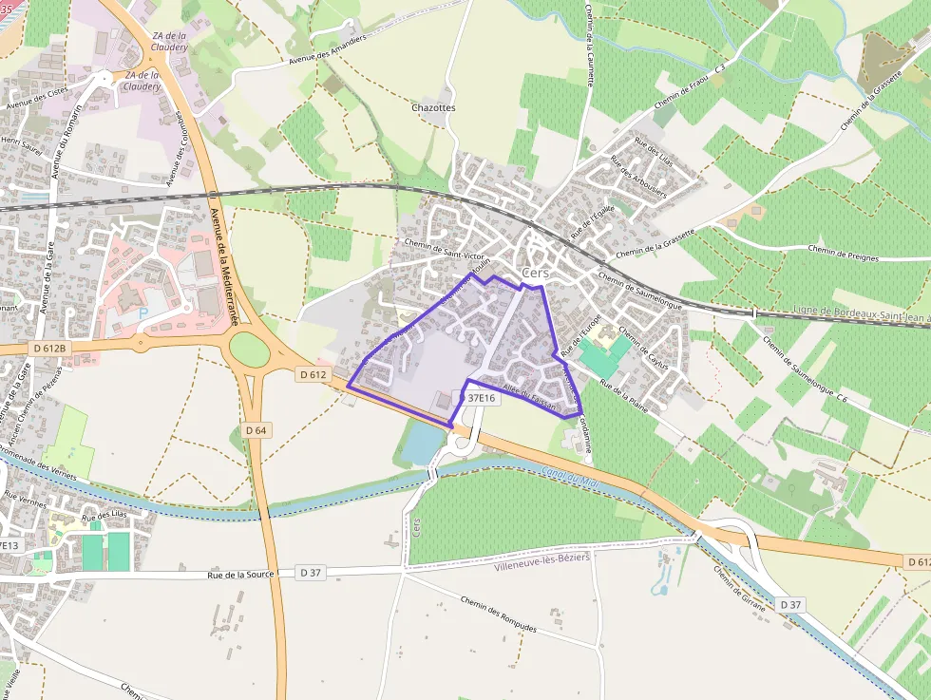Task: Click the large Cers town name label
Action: pyautogui.click(x=536, y=273)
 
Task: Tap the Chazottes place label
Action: pyautogui.click(x=434, y=108)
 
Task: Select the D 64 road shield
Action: pyautogui.click(x=256, y=430)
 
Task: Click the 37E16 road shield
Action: pyautogui.click(x=481, y=398)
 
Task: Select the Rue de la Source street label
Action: pyautogui.click(x=241, y=575)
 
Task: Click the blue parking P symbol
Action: pyautogui.click(x=143, y=313)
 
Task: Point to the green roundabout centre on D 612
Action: pyautogui.click(x=250, y=349)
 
